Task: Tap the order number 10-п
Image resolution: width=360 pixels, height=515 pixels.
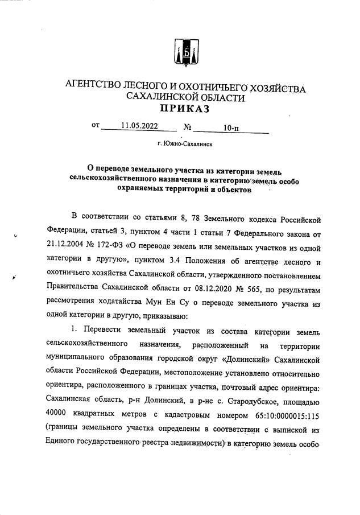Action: pyautogui.click(x=231, y=129)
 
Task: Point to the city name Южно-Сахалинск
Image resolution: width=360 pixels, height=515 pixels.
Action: pyautogui.click(x=185, y=145)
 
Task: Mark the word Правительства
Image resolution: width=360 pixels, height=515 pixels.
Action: pyautogui.click(x=76, y=288)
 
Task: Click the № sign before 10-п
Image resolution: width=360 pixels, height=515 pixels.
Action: pyautogui.click(x=187, y=128)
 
